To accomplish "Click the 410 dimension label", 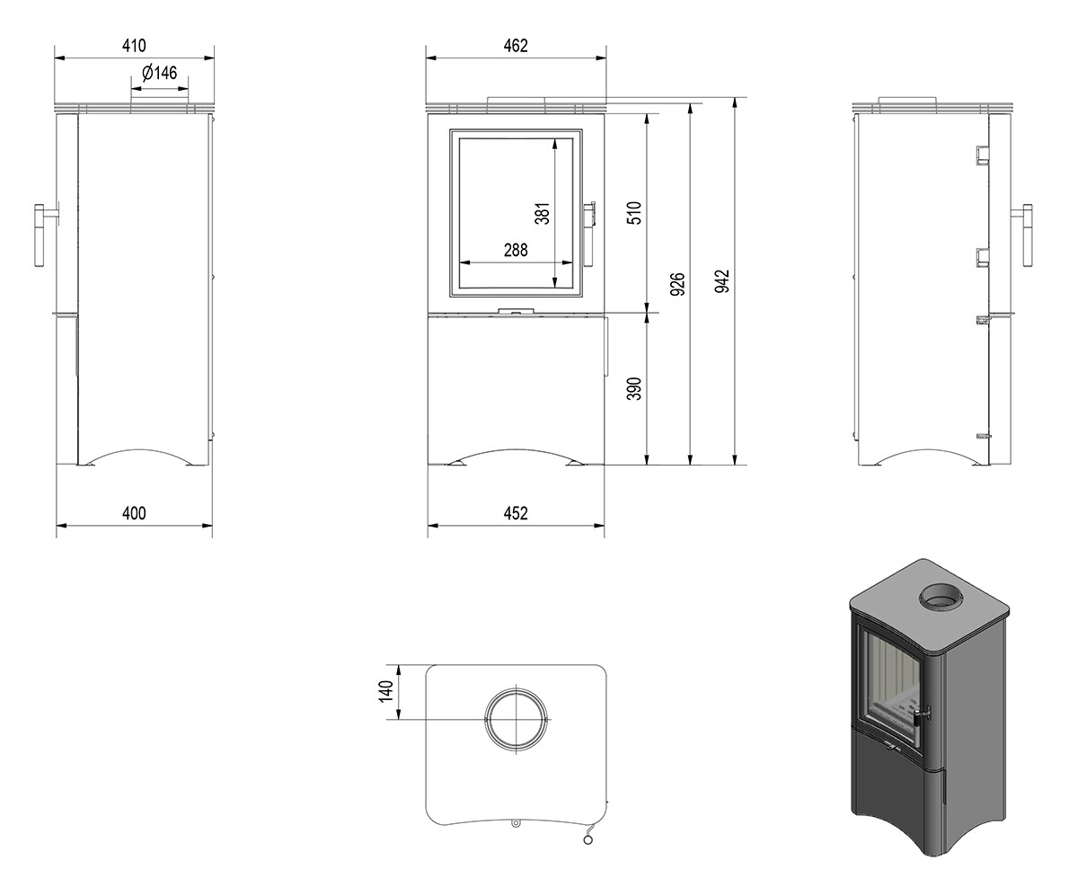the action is point(134,46).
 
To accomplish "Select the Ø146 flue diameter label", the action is point(160,73).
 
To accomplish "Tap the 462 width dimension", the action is point(516,46).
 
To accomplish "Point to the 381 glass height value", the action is point(543,213).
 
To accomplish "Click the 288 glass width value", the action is point(516,250).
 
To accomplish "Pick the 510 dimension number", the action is point(634,213).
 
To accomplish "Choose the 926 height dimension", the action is point(677,284).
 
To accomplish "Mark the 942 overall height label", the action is point(721,281).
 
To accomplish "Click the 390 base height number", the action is point(634,388).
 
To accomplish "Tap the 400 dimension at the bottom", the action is point(134,513).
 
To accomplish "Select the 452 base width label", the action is point(516,513).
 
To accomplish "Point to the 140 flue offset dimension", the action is point(386,692).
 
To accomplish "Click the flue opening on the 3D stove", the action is point(941,597).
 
